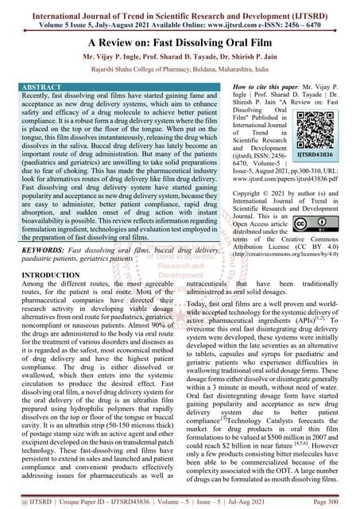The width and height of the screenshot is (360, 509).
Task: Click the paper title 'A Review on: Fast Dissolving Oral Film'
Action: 180,44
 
